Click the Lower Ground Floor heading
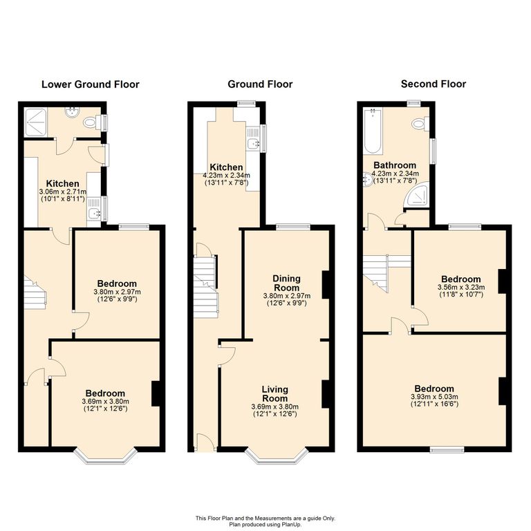pyautogui.click(x=90, y=84)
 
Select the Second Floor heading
pyautogui.click(x=434, y=84)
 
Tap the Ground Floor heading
pyautogui.click(x=260, y=84)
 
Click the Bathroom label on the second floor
pyautogui.click(x=395, y=165)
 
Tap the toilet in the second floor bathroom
pyautogui.click(x=419, y=124)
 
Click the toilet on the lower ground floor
pyautogui.click(x=89, y=122)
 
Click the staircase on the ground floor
pyautogui.click(x=205, y=283)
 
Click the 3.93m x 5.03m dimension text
pyautogui.click(x=434, y=397)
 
